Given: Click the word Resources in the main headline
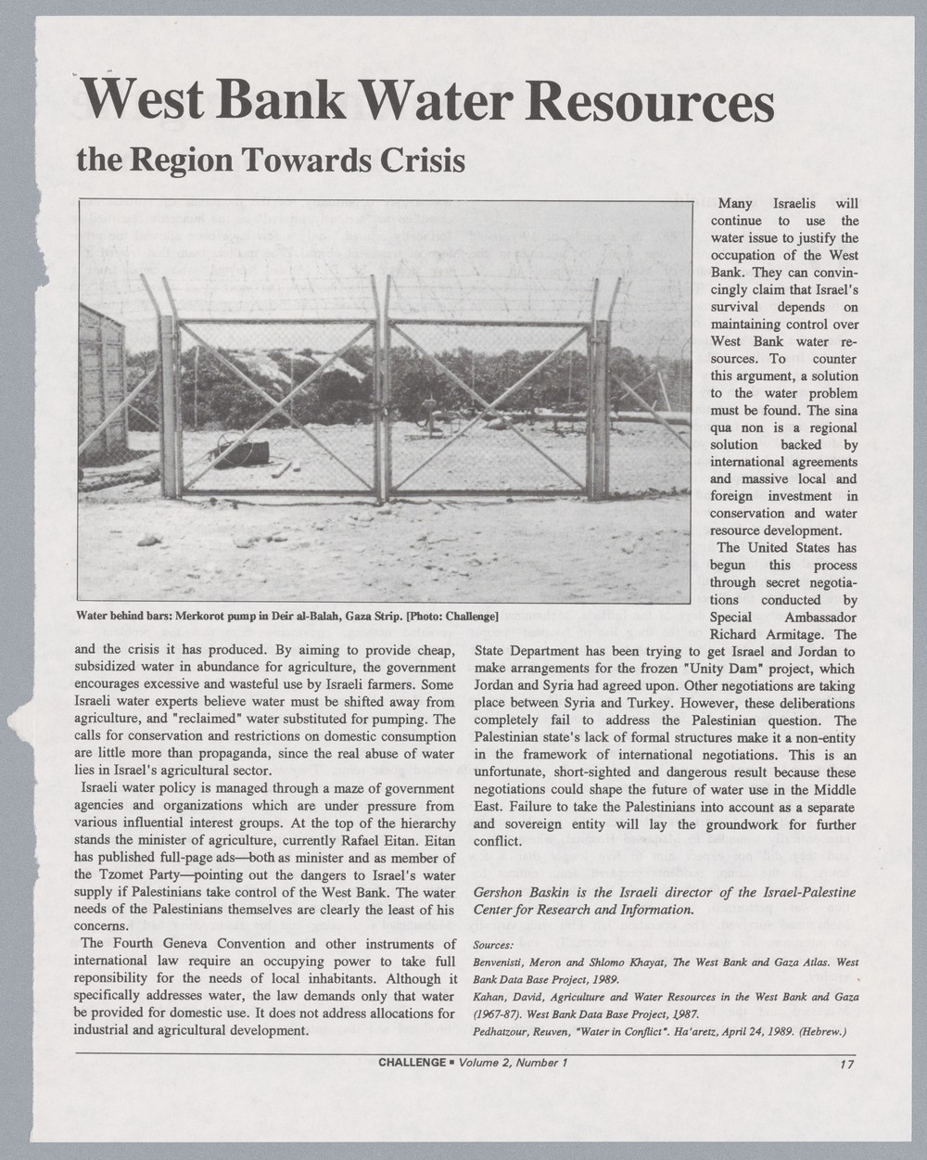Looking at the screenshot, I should click(648, 105).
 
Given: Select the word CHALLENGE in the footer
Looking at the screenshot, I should click(413, 1062).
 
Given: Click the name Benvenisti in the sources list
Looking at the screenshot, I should click(508, 963).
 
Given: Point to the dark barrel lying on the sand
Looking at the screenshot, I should click(251, 452).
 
